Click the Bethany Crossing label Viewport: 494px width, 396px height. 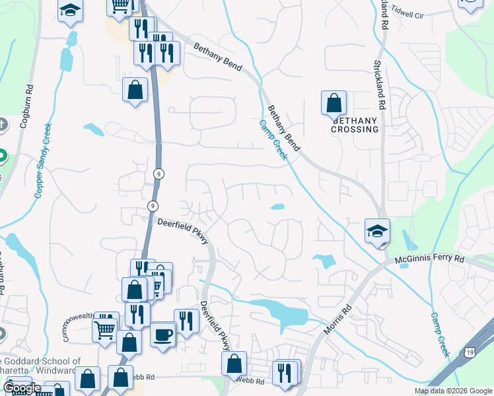tap(355, 125)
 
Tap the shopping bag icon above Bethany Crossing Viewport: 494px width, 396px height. tap(334, 103)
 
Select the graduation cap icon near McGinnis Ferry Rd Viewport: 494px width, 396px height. tap(378, 232)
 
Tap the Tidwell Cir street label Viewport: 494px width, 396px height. tap(406, 15)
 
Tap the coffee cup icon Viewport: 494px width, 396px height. tap(162, 334)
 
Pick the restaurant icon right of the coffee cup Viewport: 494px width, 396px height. tap(186, 321)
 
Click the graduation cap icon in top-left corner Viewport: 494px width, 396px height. tap(70, 11)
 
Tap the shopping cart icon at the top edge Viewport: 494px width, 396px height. tap(120, 6)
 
